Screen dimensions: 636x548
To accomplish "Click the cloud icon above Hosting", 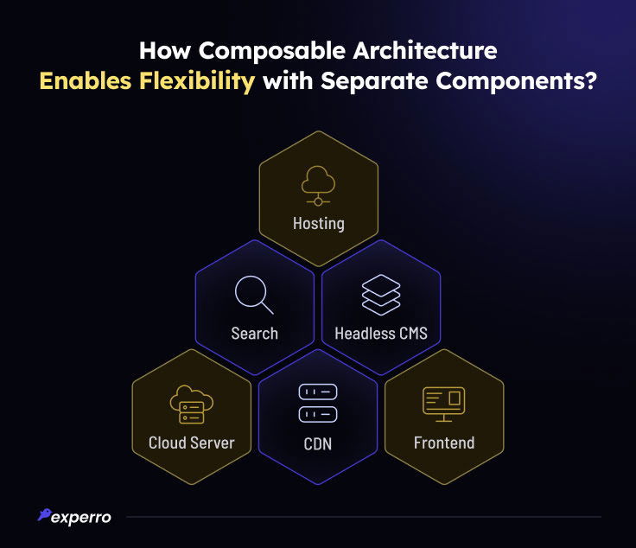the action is (x=318, y=185).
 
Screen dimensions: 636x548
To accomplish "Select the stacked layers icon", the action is (x=381, y=295).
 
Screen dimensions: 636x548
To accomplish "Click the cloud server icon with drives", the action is (x=192, y=405).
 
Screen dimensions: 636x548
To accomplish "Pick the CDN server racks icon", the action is (x=318, y=403).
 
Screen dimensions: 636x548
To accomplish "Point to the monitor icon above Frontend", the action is (x=444, y=404).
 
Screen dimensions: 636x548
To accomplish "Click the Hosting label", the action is (x=319, y=224).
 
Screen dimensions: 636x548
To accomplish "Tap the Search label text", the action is (x=254, y=334).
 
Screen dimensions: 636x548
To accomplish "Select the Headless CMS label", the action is (x=381, y=334).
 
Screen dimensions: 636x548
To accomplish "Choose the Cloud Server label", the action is (x=192, y=443).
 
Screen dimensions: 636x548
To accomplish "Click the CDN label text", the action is (x=318, y=443).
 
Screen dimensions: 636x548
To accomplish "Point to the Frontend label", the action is (x=444, y=443).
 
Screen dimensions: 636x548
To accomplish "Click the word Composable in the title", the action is (x=271, y=52).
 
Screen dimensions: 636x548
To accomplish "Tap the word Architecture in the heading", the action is (x=425, y=50).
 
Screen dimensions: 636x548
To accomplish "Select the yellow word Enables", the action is (x=86, y=80).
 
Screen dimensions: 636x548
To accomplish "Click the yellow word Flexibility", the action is (x=197, y=81).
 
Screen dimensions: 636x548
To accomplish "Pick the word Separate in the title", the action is (x=374, y=82).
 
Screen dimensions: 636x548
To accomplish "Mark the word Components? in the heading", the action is (x=517, y=82).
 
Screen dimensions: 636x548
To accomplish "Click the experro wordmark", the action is (x=81, y=518).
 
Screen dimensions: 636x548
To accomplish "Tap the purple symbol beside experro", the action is (x=44, y=514).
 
